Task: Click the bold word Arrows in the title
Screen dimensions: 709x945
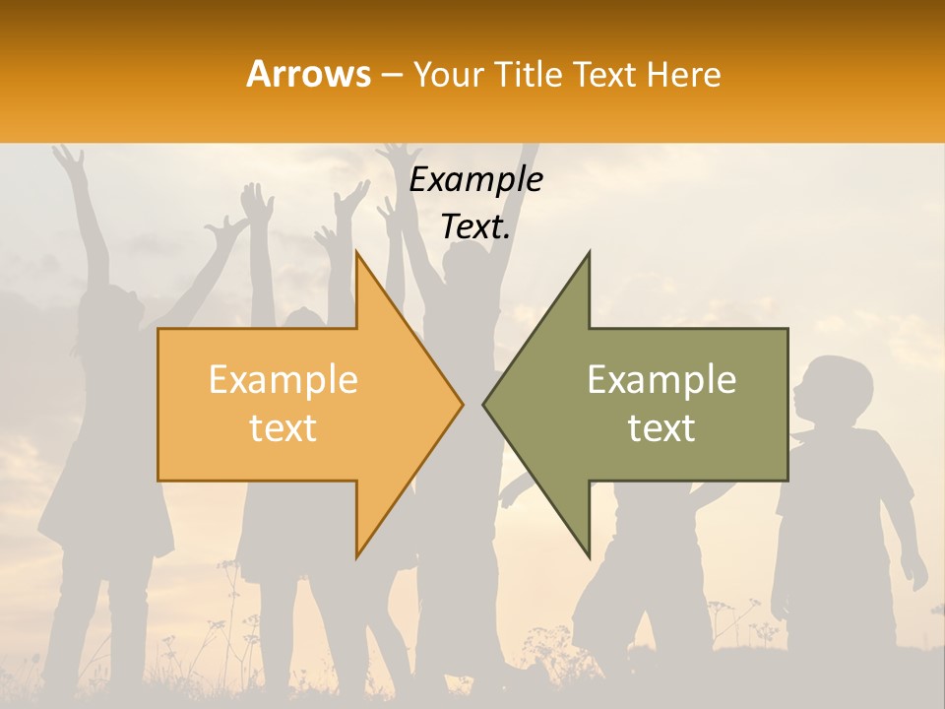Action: pyautogui.click(x=309, y=74)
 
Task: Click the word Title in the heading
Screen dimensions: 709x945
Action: pyautogui.click(x=529, y=74)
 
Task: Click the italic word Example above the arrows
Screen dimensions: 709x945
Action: pyautogui.click(x=475, y=180)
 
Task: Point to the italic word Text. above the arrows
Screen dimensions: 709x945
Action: pyautogui.click(x=475, y=226)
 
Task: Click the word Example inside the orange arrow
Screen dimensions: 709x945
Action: pyautogui.click(x=283, y=380)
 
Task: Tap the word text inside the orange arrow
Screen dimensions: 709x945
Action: pyautogui.click(x=283, y=428)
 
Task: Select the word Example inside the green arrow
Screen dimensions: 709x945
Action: pyautogui.click(x=661, y=380)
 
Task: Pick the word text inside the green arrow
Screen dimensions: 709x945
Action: pyautogui.click(x=661, y=428)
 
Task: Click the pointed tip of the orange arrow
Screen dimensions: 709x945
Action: pyautogui.click(x=462, y=404)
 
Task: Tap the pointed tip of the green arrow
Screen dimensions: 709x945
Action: pyautogui.click(x=484, y=404)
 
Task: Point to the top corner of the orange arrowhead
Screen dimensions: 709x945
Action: pyautogui.click(x=356, y=252)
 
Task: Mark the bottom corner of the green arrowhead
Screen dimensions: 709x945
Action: pyautogui.click(x=589, y=555)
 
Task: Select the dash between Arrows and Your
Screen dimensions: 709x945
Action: pyautogui.click(x=391, y=75)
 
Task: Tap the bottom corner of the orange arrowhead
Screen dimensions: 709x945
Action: pyautogui.click(x=356, y=556)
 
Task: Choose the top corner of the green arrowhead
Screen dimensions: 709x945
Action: pyautogui.click(x=589, y=253)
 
